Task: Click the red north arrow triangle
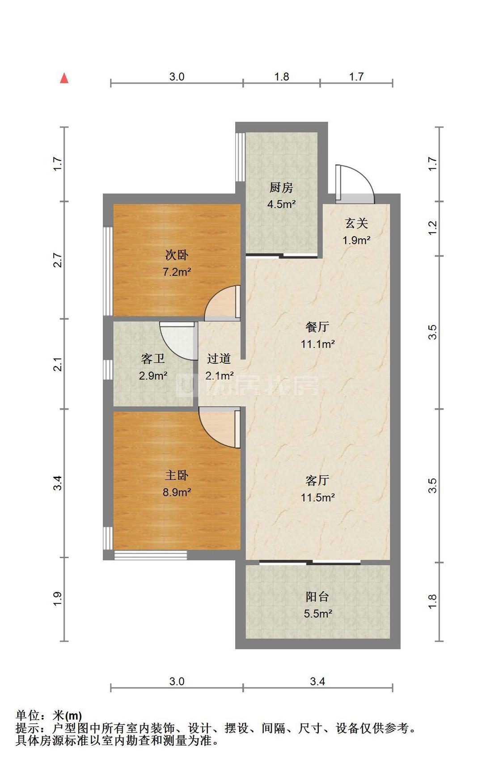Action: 64,79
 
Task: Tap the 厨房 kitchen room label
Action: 281,187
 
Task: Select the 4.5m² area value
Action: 281,204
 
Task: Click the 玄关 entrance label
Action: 356,223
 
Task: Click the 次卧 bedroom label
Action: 177,255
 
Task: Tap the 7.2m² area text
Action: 177,272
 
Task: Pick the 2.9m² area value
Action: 153,376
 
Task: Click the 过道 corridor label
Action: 219,359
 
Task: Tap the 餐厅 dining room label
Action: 317,327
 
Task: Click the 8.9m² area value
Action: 177,492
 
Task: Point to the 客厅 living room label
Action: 317,480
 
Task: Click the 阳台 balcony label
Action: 317,597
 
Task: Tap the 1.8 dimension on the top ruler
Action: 282,77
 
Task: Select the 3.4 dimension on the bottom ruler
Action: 317,682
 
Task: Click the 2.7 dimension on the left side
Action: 57,260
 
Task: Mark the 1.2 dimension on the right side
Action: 432,229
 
